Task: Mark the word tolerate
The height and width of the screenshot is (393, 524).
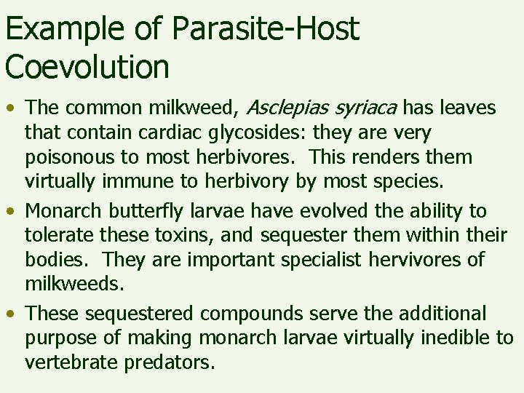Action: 57,235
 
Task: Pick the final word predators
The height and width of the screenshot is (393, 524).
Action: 178,362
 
